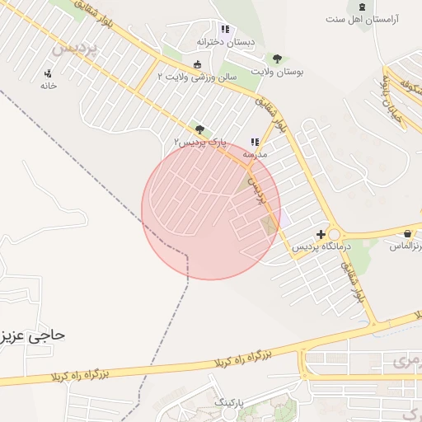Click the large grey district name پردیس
[x=75, y=47]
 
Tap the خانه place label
[x=49, y=85]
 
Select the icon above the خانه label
[x=48, y=73]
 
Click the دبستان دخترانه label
[x=226, y=41]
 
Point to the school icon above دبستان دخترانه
[x=225, y=30]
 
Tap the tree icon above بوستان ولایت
[x=276, y=59]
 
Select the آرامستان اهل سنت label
[x=362, y=19]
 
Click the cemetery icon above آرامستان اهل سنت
[x=362, y=7]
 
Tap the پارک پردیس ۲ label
[x=199, y=142]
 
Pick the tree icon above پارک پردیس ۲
[x=199, y=129]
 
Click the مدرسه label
[x=254, y=154]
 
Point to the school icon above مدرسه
[x=255, y=142]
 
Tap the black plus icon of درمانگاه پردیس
[x=321, y=235]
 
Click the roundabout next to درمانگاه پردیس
[x=334, y=234]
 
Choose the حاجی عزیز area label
[x=33, y=335]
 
